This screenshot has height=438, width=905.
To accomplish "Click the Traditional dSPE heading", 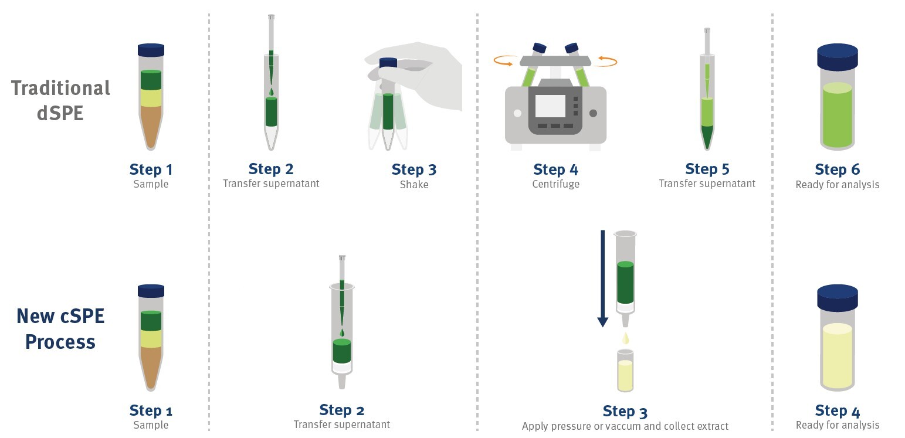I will click(x=60, y=100).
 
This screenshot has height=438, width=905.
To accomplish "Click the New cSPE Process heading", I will click(x=60, y=328).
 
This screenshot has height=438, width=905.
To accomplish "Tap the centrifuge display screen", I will click(x=550, y=106).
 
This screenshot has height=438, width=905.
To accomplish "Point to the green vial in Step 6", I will click(x=837, y=115).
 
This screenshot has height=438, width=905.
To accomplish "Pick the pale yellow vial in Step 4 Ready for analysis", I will click(x=837, y=356).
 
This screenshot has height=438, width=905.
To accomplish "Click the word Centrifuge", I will click(x=555, y=184).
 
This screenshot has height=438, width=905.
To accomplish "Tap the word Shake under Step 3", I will click(x=414, y=185).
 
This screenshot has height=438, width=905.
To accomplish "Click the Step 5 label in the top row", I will click(x=707, y=169).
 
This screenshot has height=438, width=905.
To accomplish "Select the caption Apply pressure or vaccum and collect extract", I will click(x=625, y=426).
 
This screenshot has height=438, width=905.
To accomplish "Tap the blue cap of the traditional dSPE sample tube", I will click(x=151, y=50).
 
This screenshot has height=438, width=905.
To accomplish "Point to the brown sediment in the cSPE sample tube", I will click(x=151, y=366).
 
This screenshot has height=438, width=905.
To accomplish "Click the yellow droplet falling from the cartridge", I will click(x=626, y=338).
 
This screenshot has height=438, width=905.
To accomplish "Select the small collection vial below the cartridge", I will click(x=625, y=372).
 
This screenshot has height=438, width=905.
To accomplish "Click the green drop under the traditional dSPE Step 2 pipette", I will click(x=270, y=92).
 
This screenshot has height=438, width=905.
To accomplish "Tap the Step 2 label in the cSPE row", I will click(x=341, y=410).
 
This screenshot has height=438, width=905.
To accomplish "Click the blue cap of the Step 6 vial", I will click(x=837, y=57).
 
